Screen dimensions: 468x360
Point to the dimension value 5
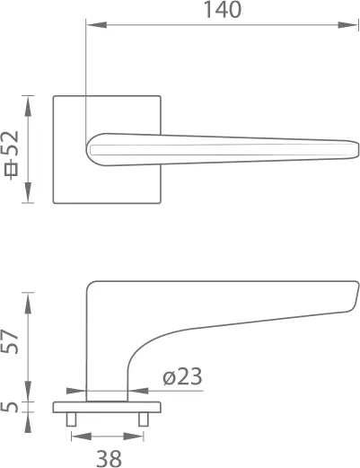point(12,406)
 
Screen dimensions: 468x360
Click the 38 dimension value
point(109,457)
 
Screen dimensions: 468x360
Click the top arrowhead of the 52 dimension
point(30,102)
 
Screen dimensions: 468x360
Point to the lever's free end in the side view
point(354,296)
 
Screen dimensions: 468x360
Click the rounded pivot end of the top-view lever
point(92,150)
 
